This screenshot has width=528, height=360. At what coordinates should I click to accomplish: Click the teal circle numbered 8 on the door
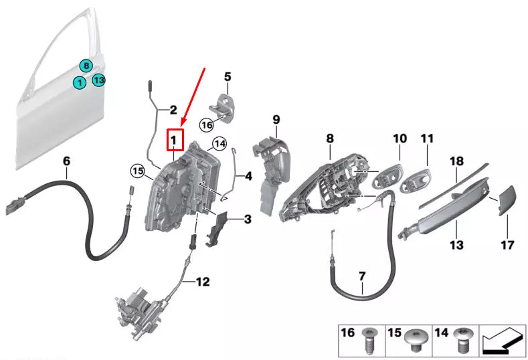pos(86,66)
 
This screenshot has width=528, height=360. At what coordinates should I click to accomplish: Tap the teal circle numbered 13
pos(98,81)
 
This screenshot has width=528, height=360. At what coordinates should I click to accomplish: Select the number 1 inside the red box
pos(173,140)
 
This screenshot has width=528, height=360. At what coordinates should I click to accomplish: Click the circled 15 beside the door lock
pos(137,172)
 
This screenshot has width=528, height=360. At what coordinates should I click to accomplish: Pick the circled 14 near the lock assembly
pos(219,144)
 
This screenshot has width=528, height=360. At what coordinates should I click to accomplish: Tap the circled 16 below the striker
pos(207,124)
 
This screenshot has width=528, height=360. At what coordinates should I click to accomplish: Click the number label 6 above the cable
pos(66,161)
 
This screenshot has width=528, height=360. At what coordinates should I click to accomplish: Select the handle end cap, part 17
pos(505,200)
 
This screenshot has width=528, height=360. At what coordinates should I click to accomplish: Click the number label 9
pos(275,120)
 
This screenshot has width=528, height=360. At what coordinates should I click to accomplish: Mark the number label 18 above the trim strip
pos(456,161)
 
